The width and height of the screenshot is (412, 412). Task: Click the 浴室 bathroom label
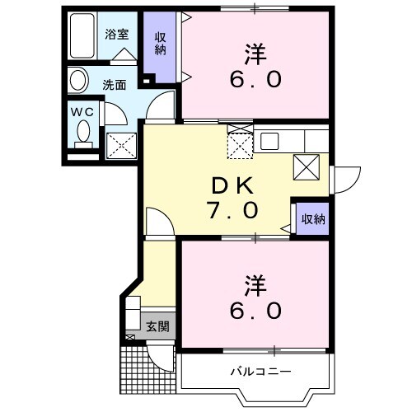click(x=117, y=35)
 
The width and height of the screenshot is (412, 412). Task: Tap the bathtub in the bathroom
click(x=82, y=37)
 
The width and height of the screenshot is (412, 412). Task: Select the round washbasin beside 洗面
click(x=79, y=81)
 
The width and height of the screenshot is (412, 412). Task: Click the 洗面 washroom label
click(x=115, y=83)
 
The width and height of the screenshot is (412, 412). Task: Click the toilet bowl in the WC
click(x=83, y=131)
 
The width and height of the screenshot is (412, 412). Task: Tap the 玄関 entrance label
click(x=157, y=326)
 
